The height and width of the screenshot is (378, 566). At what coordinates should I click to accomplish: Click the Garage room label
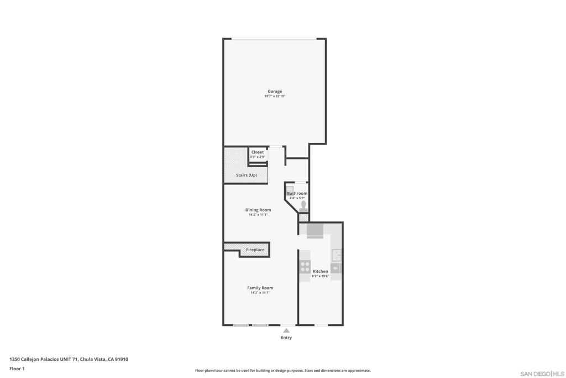click(275, 91)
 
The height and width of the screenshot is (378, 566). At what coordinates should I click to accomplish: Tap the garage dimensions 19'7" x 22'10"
click(275, 96)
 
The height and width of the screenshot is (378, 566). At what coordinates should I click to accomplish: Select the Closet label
click(258, 152)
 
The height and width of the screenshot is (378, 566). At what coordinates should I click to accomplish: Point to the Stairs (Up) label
click(247, 175)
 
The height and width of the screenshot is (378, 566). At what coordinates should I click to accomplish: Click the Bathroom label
click(297, 193)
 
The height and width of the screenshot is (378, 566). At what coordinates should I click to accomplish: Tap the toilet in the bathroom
click(303, 206)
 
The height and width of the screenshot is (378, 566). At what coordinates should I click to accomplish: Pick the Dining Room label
click(258, 210)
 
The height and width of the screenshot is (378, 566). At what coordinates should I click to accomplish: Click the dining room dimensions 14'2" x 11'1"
click(258, 215)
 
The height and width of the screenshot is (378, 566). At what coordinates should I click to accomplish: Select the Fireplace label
click(255, 250)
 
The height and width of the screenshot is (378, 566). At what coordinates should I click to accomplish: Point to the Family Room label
click(260, 288)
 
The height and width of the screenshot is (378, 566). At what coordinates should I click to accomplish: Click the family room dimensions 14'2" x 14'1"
click(260, 293)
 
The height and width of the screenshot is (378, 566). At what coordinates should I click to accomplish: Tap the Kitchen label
click(321, 271)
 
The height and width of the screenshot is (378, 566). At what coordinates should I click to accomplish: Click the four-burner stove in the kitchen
click(305, 267)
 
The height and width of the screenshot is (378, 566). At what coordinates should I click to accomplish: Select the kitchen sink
click(337, 255)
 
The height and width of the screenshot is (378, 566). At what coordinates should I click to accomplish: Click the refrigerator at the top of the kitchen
click(315, 231)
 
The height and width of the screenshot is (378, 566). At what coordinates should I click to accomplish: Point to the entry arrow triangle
click(286, 330)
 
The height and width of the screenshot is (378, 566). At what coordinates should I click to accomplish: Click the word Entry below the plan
click(286, 338)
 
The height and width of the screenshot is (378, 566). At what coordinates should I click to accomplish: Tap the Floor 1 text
click(17, 369)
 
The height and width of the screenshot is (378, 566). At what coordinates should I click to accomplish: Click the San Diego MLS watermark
click(542, 374)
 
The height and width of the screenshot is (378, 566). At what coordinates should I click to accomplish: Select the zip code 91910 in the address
click(121, 359)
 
